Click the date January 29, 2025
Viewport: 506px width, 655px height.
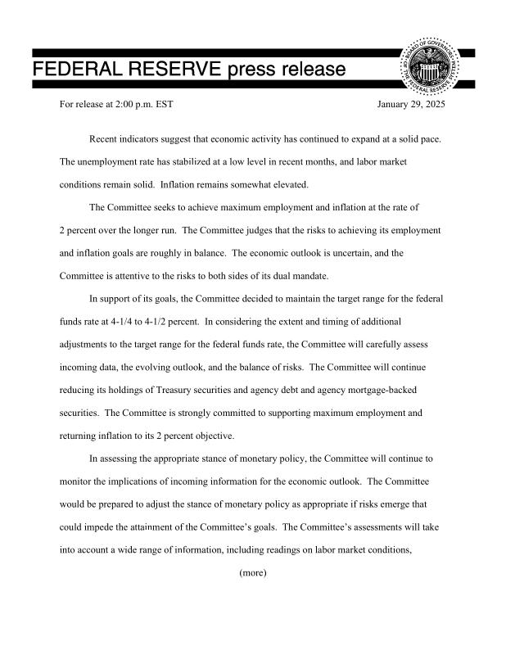pyautogui.click(x=411, y=106)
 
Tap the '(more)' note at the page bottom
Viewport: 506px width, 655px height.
pyautogui.click(x=253, y=573)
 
